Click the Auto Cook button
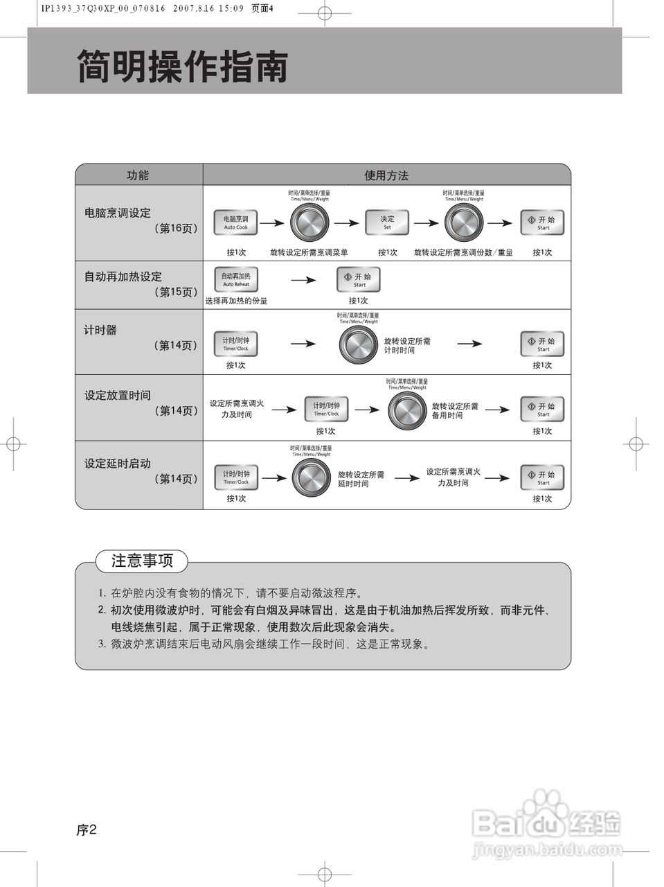235,222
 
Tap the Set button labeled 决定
387,222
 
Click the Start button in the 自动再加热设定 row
359,280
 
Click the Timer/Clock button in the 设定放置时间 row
326,409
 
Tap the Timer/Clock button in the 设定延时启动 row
236,477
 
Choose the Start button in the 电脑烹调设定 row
542,222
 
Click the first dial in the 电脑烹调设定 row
309,223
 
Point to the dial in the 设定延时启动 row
312,477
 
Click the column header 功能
138,175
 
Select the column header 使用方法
386,175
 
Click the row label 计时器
100,331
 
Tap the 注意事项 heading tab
142,561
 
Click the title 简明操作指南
182,67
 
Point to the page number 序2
87,829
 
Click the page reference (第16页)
176,228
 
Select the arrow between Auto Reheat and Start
303,280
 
